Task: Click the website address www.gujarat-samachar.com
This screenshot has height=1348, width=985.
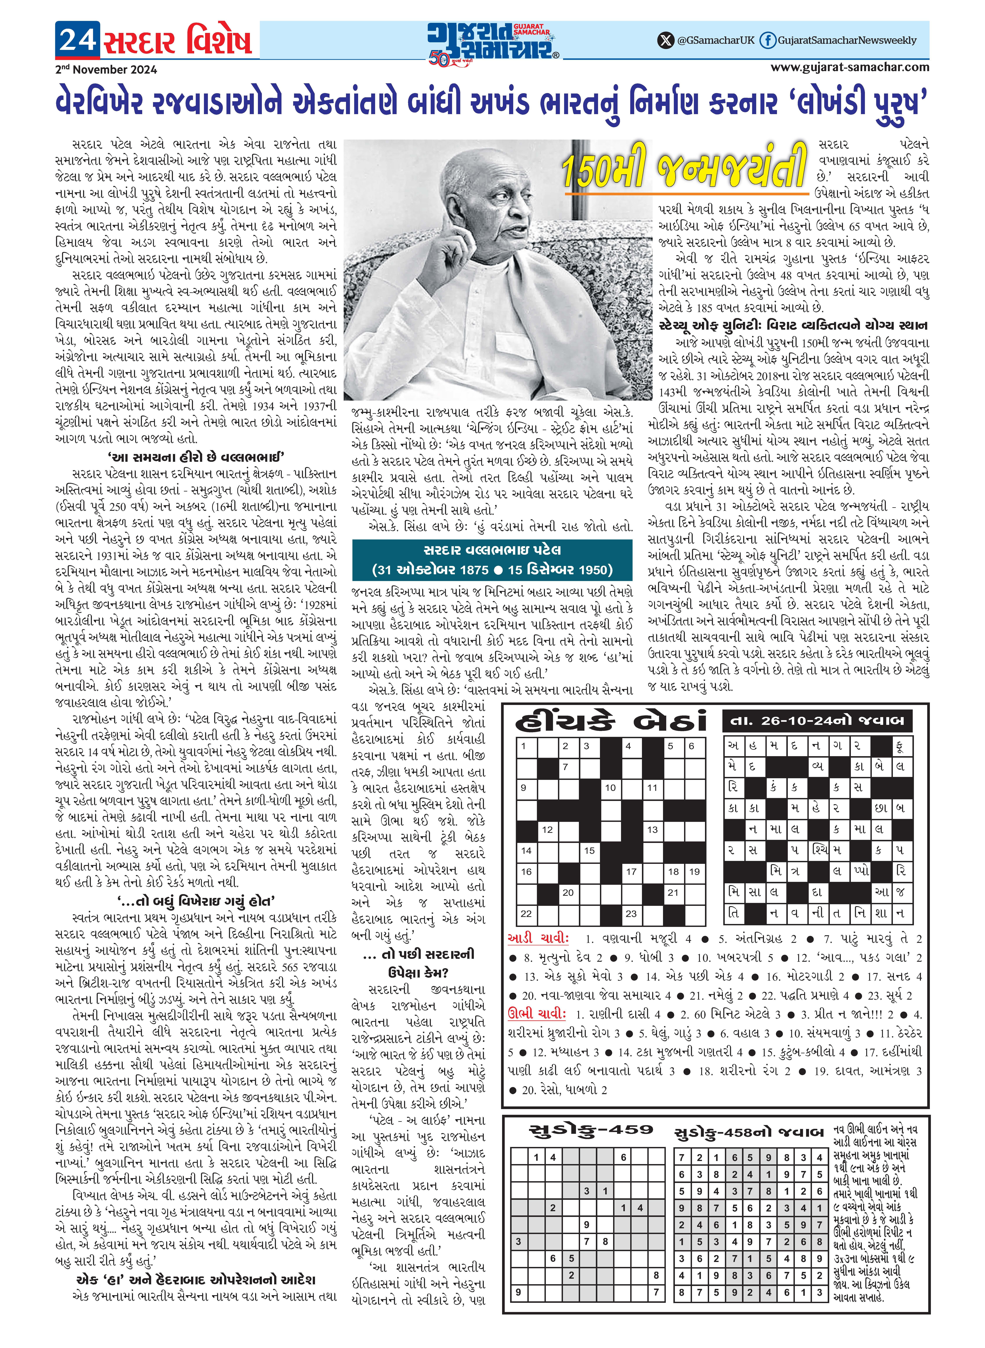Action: pos(850,67)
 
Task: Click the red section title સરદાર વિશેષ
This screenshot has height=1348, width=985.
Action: pos(178,41)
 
